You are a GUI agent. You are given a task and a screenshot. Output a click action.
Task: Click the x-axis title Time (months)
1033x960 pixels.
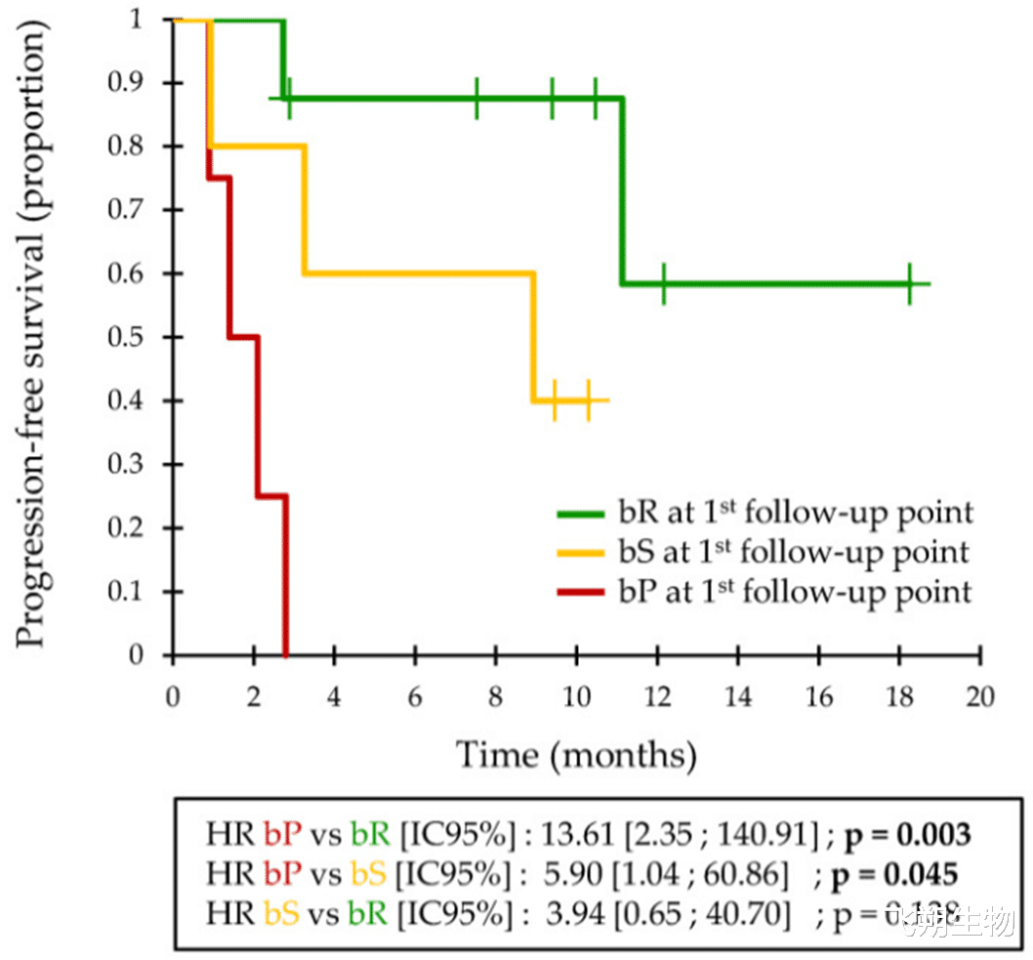click(x=576, y=754)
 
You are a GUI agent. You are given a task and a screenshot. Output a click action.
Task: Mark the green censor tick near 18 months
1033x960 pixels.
click(x=909, y=284)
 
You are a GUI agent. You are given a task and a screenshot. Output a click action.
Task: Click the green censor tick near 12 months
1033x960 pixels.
click(x=663, y=284)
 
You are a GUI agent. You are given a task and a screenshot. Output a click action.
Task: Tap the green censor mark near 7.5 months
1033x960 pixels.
click(x=476, y=98)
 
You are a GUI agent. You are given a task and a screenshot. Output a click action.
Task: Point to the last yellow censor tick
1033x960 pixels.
click(x=589, y=400)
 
